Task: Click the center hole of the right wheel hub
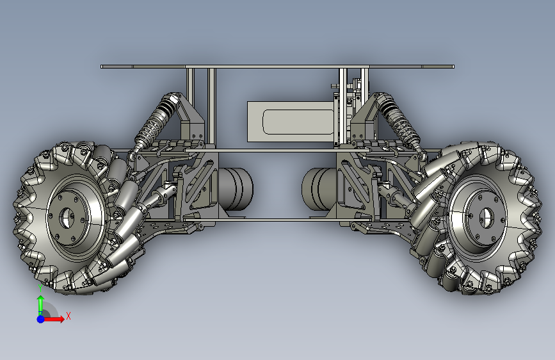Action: [486, 217]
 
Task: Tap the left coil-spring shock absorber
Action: [155, 122]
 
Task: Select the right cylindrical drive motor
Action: [319, 189]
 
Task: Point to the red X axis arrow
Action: [54, 319]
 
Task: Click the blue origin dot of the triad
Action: [41, 319]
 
